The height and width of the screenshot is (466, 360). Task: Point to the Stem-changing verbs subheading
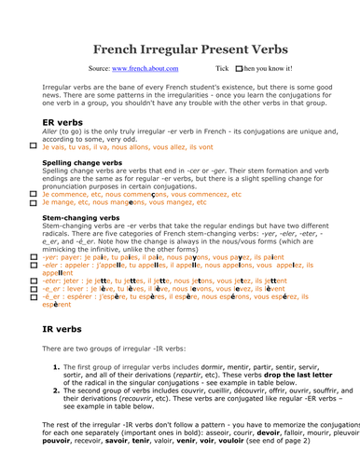[x=81, y=217]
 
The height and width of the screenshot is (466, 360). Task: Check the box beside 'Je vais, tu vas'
[x=34, y=146]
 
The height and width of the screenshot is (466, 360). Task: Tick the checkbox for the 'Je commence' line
[x=34, y=192]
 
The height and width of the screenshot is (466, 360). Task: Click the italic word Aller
[x=51, y=131]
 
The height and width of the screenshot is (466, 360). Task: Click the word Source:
[x=98, y=69]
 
